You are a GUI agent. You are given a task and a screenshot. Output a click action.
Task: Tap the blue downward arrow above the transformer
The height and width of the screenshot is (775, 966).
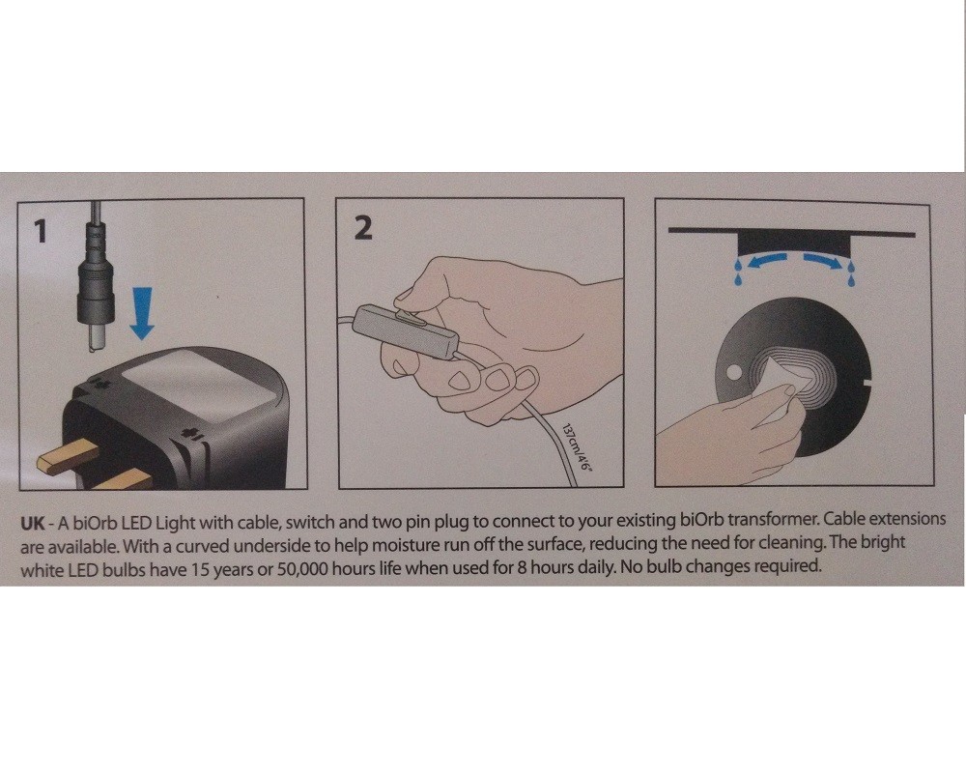click(x=142, y=312)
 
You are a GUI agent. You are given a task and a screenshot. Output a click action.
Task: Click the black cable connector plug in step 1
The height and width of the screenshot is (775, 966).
click(x=96, y=277)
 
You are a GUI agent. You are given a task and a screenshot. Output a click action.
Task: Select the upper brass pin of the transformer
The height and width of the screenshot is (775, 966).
click(x=69, y=454)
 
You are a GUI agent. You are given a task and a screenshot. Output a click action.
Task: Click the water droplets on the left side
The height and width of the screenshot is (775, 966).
click(x=738, y=273)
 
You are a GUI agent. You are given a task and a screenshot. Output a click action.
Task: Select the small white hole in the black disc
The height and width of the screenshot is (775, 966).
click(x=734, y=372)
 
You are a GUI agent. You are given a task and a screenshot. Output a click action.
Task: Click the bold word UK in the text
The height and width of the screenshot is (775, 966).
click(x=32, y=524)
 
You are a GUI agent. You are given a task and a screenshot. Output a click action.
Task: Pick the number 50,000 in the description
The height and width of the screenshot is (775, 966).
click(x=303, y=568)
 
